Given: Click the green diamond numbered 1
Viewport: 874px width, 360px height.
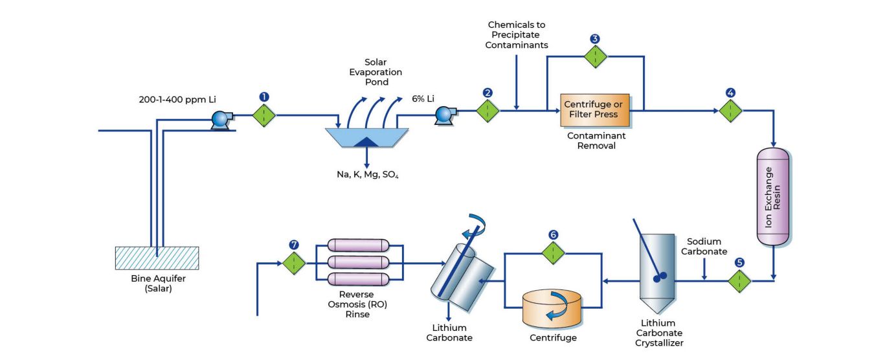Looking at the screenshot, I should click(x=263, y=115).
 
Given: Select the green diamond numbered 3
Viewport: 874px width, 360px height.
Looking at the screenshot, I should click(x=594, y=56).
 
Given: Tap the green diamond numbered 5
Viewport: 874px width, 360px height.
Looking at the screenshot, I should click(x=740, y=280).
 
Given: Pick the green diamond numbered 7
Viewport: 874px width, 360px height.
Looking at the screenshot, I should click(x=294, y=263).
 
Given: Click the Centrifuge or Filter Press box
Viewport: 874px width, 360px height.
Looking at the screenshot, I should click(x=594, y=109).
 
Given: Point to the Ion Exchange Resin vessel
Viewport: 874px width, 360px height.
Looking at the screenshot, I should click(x=773, y=196).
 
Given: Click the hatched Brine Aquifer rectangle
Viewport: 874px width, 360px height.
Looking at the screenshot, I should click(x=157, y=258).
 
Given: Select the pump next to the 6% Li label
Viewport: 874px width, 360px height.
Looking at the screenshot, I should click(x=443, y=115).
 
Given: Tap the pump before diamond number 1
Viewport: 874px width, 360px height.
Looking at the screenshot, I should click(x=221, y=118).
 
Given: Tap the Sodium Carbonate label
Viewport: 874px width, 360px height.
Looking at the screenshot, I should click(x=707, y=246).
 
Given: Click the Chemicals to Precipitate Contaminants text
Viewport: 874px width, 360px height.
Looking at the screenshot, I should click(x=517, y=34).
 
